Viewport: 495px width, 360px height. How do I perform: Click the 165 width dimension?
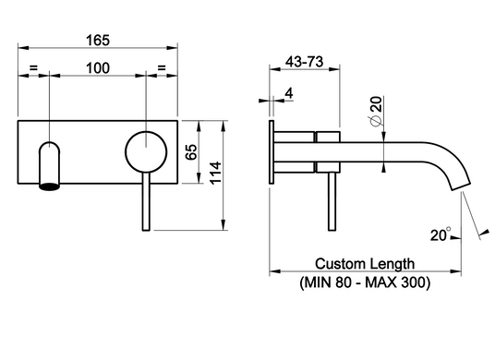[x=98, y=41]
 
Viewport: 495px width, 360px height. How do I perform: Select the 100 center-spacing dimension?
[x=98, y=68]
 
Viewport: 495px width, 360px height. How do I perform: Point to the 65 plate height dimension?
[x=191, y=152]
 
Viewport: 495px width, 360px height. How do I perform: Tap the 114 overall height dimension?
[x=215, y=173]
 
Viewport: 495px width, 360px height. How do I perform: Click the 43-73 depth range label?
[x=305, y=62]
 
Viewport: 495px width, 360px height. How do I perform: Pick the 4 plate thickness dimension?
[x=289, y=93]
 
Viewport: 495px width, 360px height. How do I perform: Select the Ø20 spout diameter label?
[x=376, y=112]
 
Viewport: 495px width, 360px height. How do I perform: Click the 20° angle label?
[x=441, y=234]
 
